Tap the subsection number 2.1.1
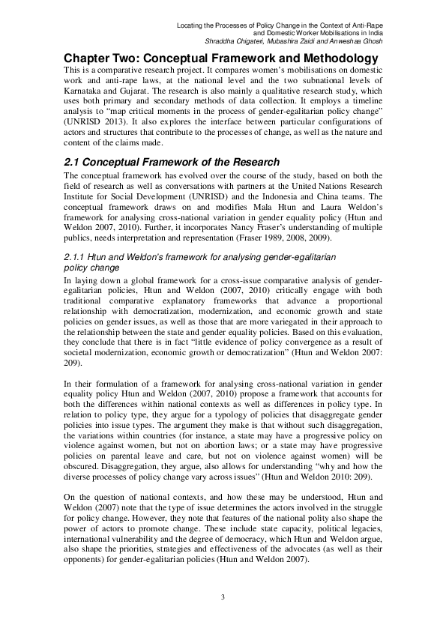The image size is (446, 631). (x=76, y=257)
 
